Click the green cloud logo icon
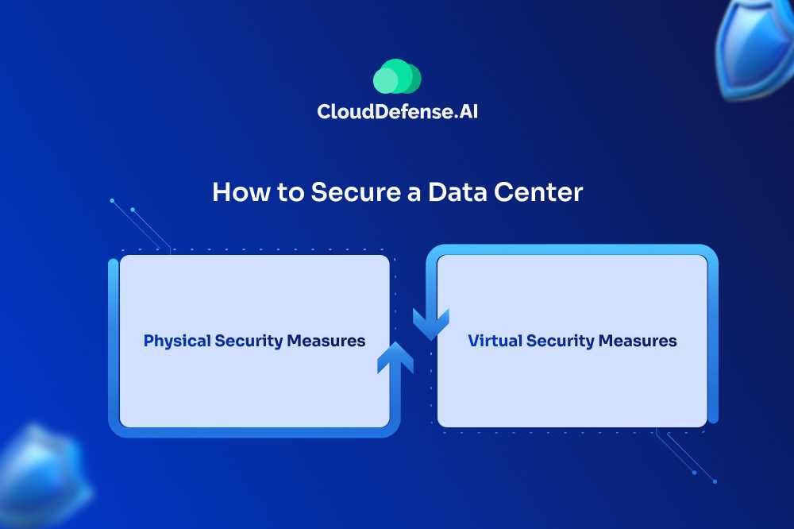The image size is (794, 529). pos(397,77)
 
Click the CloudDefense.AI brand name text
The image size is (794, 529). pos(397,112)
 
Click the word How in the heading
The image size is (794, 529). pos(238,193)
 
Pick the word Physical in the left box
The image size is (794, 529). pos(177,342)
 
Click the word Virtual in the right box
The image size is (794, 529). pos(495,342)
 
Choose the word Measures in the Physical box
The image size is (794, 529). pos(326,342)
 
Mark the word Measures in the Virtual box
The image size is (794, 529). pos(638,342)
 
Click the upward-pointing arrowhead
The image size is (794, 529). pos(395,355)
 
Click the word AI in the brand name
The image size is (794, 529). pos(468,112)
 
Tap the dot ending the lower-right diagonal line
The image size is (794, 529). pos(715,481)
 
